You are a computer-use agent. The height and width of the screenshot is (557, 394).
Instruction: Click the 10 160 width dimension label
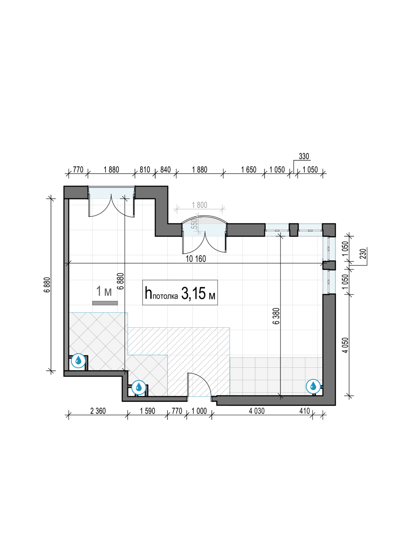coord(196,259)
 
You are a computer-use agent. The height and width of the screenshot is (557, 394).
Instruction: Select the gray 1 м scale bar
coord(105,303)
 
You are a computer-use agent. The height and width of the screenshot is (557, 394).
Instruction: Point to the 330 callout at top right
coord(304,156)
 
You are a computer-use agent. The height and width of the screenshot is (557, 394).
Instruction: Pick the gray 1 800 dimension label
coord(200,205)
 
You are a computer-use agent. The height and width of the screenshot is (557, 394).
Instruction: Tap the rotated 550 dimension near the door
coord(195,224)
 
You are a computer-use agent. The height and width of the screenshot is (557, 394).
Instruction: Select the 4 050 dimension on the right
coord(345,345)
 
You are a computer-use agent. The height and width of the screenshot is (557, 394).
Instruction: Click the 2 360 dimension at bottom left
coord(98,411)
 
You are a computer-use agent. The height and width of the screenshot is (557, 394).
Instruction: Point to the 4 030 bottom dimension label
coord(256,411)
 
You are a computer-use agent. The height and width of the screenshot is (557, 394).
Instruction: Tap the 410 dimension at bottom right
coord(305,411)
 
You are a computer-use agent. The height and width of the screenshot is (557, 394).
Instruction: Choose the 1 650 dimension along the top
coord(249,170)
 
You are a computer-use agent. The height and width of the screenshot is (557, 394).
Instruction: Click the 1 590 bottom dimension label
coord(147,411)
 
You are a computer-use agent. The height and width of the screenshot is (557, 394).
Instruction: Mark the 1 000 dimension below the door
coord(199,411)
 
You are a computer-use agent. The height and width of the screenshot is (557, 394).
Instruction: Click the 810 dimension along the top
coord(145,170)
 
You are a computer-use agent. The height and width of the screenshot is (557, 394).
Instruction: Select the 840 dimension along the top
coord(165,170)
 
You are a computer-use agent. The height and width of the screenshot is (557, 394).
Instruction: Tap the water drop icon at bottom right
coord(313,387)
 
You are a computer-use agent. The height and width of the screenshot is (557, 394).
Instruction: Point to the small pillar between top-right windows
coord(293,230)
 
